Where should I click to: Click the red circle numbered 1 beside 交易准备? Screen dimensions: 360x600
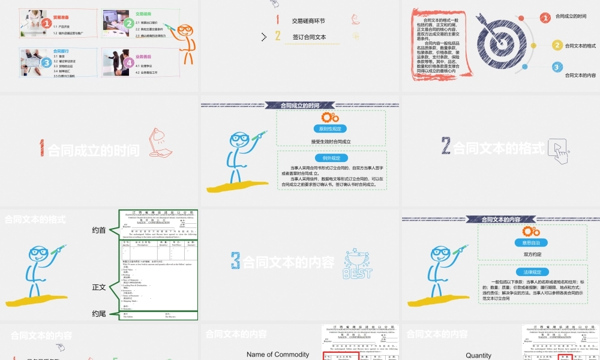click(x=46, y=23)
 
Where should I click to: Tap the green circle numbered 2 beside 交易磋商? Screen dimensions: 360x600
click(x=128, y=23)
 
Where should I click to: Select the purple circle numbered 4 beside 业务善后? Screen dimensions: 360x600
click(x=128, y=62)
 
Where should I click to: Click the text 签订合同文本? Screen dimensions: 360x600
click(x=309, y=37)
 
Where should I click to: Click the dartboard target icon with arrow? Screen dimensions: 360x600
click(x=496, y=40)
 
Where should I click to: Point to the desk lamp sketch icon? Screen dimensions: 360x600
click(x=160, y=142)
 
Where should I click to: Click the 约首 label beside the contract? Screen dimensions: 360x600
click(x=99, y=230)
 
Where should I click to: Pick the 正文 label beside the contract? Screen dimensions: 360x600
click(x=99, y=287)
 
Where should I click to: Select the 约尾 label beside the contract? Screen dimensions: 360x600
click(x=99, y=313)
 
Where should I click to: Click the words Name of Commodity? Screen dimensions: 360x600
click(x=278, y=355)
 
